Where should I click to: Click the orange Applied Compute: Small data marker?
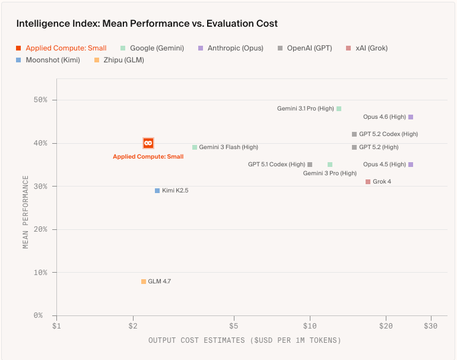(148, 143)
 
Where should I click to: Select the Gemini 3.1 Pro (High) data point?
(339, 109)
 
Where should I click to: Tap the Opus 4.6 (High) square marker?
(411, 117)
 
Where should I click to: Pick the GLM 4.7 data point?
(144, 282)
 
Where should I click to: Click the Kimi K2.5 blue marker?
(157, 191)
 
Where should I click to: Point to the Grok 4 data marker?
(368, 182)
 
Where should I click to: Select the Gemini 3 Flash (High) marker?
(195, 147)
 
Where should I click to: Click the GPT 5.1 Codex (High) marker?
(310, 165)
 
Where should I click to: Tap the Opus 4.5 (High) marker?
(411, 165)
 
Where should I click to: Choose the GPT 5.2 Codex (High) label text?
(389, 134)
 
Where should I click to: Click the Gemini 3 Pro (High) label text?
(330, 173)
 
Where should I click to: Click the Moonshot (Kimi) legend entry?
(52, 60)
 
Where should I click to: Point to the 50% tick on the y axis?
(41, 100)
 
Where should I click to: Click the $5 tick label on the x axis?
(234, 326)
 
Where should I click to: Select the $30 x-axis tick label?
(431, 326)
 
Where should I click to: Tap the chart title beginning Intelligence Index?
(147, 24)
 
